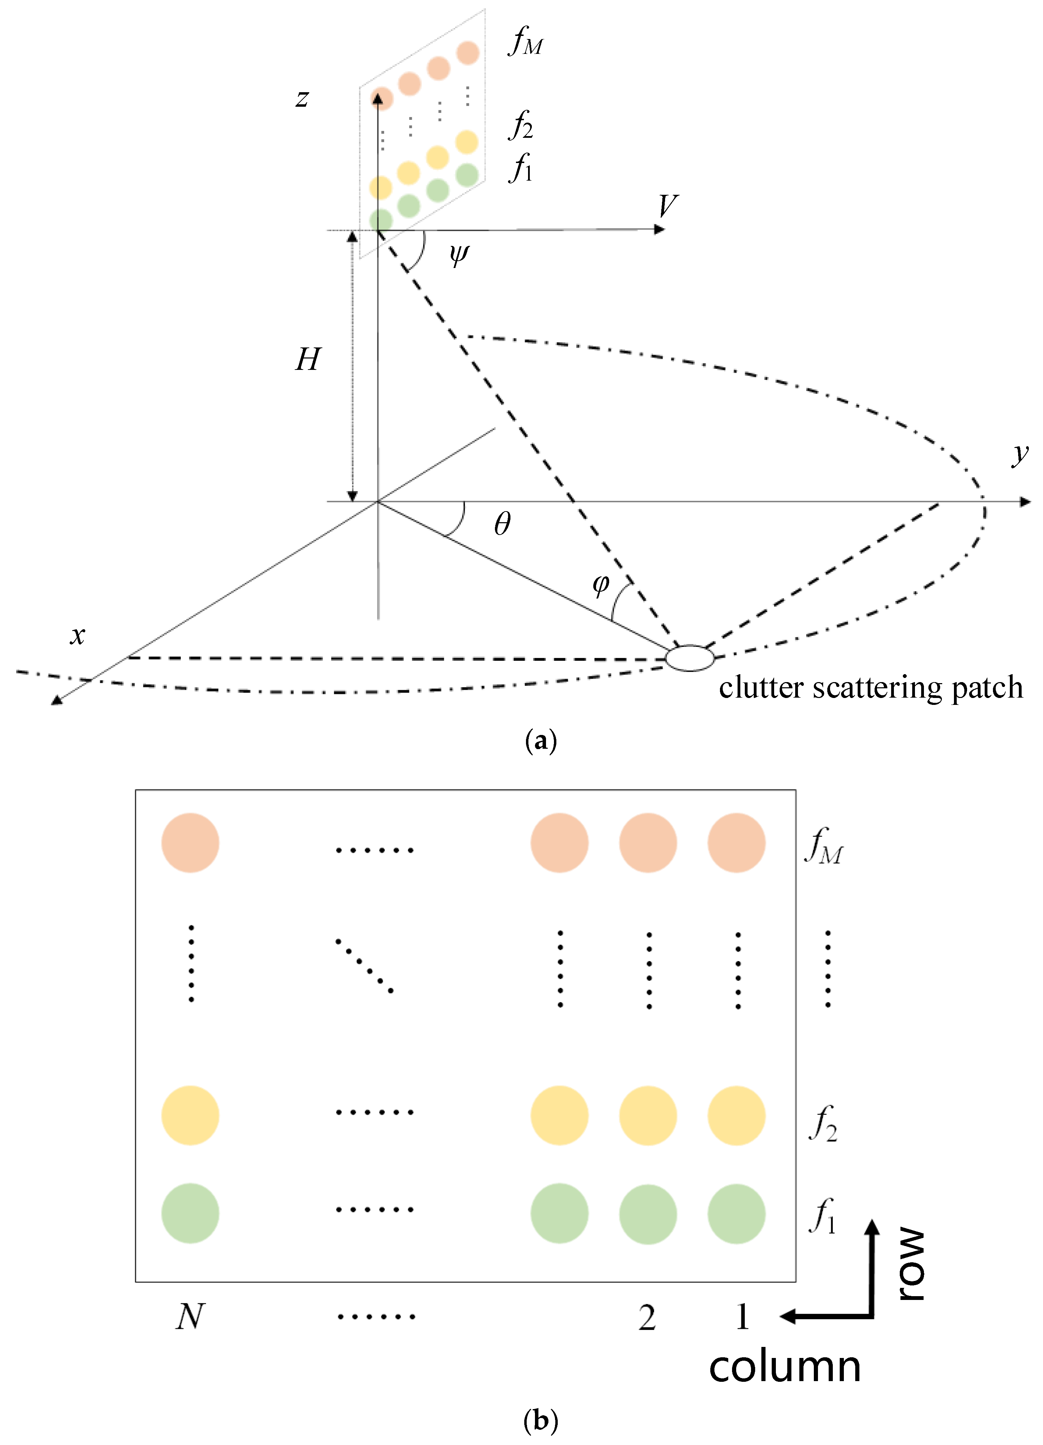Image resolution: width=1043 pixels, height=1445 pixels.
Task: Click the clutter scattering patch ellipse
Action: (690, 658)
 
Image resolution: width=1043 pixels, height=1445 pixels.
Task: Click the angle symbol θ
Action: (502, 524)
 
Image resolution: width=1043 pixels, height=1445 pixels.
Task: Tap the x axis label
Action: (77, 635)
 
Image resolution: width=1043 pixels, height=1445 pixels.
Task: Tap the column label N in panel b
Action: (190, 1316)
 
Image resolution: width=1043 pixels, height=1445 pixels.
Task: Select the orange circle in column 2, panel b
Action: (647, 842)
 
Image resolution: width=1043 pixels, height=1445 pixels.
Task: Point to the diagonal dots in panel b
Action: (364, 965)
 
